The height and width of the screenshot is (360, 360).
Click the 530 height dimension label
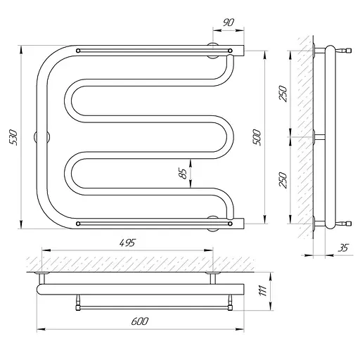14,137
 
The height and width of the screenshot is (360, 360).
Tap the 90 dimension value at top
229,22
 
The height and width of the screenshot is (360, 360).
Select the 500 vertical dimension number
257,137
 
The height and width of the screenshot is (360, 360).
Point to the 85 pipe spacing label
183,174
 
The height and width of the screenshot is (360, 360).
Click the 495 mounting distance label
127,243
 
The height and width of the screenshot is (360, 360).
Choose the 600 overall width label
140,321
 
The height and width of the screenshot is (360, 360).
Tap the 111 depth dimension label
263,291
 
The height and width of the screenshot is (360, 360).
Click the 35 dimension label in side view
343,247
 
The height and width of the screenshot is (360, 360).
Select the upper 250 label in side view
283,94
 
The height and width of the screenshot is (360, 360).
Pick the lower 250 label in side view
283,180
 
